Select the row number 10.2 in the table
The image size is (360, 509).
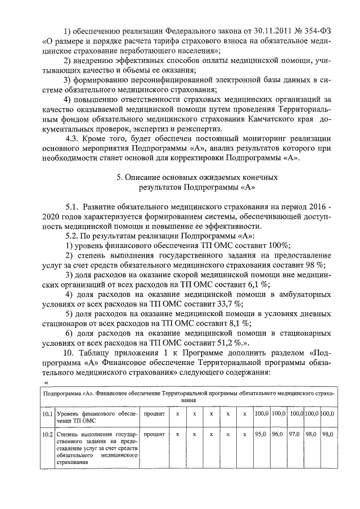[47, 435]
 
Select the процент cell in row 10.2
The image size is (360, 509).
[154, 435]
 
